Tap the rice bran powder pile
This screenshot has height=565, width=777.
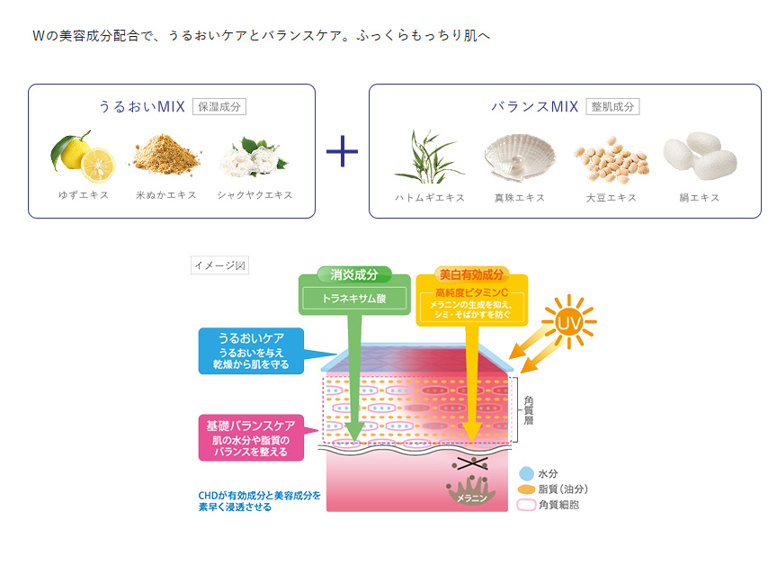[x=168, y=155]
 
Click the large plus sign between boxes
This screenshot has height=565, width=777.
[x=342, y=151]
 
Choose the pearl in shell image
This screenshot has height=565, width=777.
[x=514, y=156]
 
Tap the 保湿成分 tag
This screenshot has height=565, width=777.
[x=219, y=106]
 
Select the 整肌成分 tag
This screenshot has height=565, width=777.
[x=612, y=106]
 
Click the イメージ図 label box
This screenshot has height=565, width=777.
[x=219, y=265]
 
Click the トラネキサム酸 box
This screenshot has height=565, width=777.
[x=353, y=296]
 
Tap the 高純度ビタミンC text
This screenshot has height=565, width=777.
[x=471, y=293]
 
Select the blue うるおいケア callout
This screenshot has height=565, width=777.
[x=252, y=351]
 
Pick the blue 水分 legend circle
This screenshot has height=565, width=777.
[x=526, y=473]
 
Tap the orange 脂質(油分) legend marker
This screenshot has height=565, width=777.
[x=526, y=489]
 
